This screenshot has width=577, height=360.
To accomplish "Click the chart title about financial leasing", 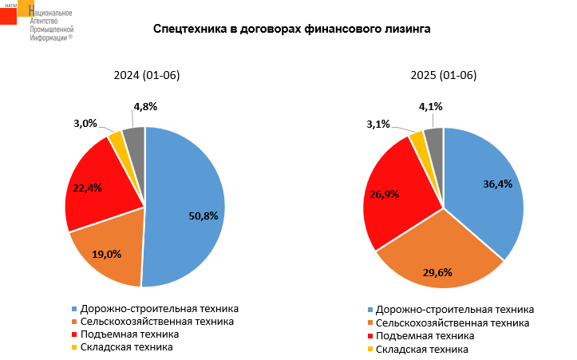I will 291,30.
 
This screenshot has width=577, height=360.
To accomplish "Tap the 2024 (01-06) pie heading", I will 147,76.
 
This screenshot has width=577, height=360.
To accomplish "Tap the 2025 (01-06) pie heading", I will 443,76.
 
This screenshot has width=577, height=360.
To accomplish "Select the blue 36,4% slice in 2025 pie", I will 487,192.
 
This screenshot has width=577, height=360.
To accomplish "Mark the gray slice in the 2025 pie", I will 434,139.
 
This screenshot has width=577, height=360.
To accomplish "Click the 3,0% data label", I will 85,123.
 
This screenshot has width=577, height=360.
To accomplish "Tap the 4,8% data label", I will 145,106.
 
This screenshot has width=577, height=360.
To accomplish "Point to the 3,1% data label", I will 378,124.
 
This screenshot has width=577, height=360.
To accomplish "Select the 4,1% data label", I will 431,106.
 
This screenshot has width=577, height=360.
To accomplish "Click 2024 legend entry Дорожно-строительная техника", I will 160,308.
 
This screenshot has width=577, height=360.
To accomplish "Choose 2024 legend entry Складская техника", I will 127,347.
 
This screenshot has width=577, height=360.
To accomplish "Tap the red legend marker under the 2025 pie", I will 370,337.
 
